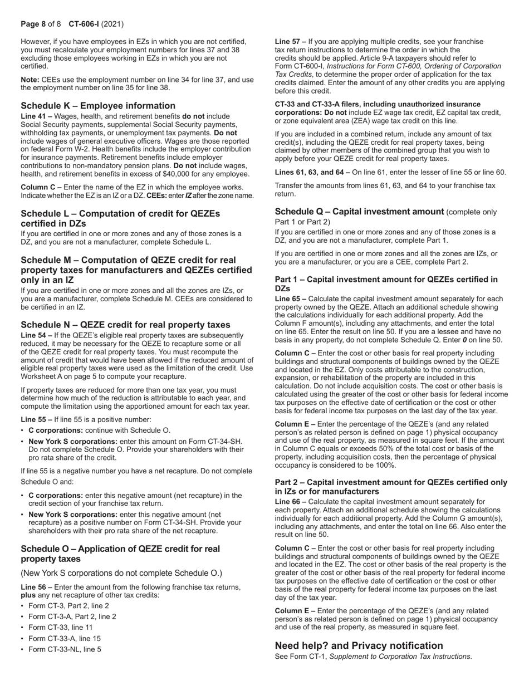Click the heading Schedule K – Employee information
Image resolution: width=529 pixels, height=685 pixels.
[98, 106]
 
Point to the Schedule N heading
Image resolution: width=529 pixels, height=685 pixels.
[125, 325]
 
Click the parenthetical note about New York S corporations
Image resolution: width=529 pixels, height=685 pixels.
[121, 573]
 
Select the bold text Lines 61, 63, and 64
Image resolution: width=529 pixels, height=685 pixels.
[310, 172]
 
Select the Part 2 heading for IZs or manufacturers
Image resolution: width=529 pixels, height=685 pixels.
[391, 487]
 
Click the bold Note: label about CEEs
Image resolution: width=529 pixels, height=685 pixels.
[31, 80]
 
